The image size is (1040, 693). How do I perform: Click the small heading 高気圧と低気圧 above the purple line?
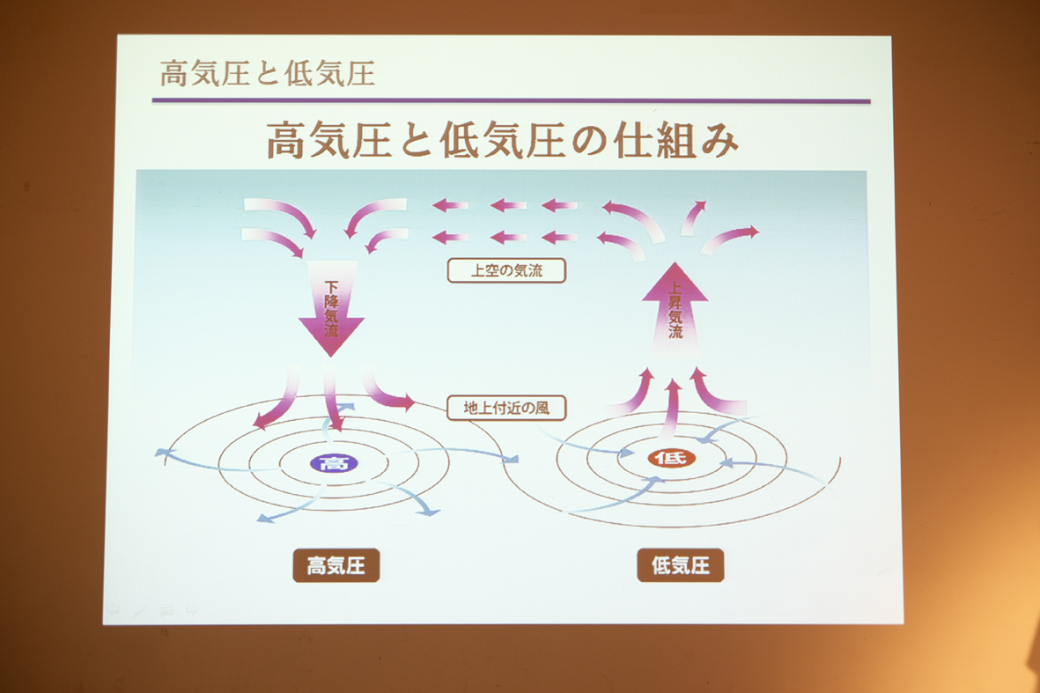pos(268,73)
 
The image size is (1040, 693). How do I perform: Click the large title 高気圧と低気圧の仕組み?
pos(502,139)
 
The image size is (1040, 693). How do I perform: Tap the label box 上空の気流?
pos(506,270)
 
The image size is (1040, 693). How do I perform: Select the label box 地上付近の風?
pos(506,408)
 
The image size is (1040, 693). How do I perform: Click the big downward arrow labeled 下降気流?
pos(331,308)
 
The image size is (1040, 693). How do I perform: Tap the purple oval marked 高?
pos(334,463)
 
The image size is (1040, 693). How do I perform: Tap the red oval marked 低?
pos(671,458)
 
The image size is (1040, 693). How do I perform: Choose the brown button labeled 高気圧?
pos(336,565)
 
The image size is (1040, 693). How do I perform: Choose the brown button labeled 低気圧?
pos(681,565)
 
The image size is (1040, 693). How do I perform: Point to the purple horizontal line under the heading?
pos(511,101)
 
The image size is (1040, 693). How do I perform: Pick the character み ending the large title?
pos(719,141)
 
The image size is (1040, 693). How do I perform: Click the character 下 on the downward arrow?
pos(331,286)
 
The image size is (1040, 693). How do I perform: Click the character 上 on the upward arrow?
pos(675,289)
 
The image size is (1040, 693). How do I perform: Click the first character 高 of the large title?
pos(287,140)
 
